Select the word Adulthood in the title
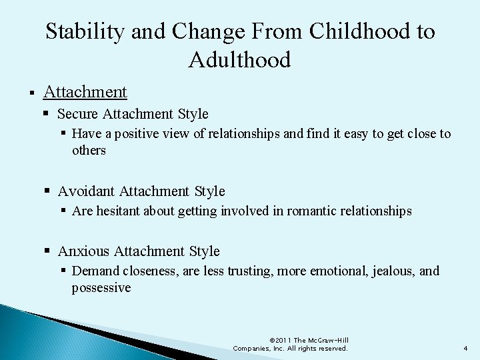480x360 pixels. [240, 60]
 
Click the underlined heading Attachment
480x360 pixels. [85, 91]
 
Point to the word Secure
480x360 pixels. [79, 114]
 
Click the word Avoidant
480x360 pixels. [86, 191]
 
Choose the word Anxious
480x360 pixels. [83, 251]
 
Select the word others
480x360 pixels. [89, 151]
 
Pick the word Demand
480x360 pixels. [93, 271]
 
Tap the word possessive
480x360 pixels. [101, 288]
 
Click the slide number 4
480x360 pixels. [465, 348]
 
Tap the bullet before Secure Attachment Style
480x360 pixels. [48, 114]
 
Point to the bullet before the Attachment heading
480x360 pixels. [31, 91]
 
